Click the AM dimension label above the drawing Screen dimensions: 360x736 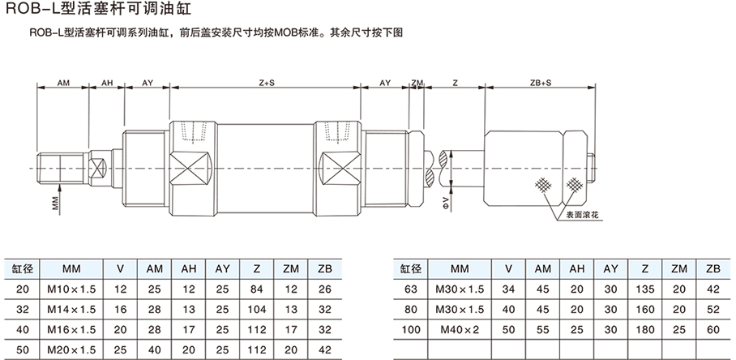point(64,83)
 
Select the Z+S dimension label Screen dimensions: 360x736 point(266,83)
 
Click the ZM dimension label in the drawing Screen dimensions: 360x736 point(417,83)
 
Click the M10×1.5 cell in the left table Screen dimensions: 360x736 point(71,288)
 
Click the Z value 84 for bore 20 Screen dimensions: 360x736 point(256,288)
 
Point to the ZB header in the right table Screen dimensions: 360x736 point(712,268)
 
